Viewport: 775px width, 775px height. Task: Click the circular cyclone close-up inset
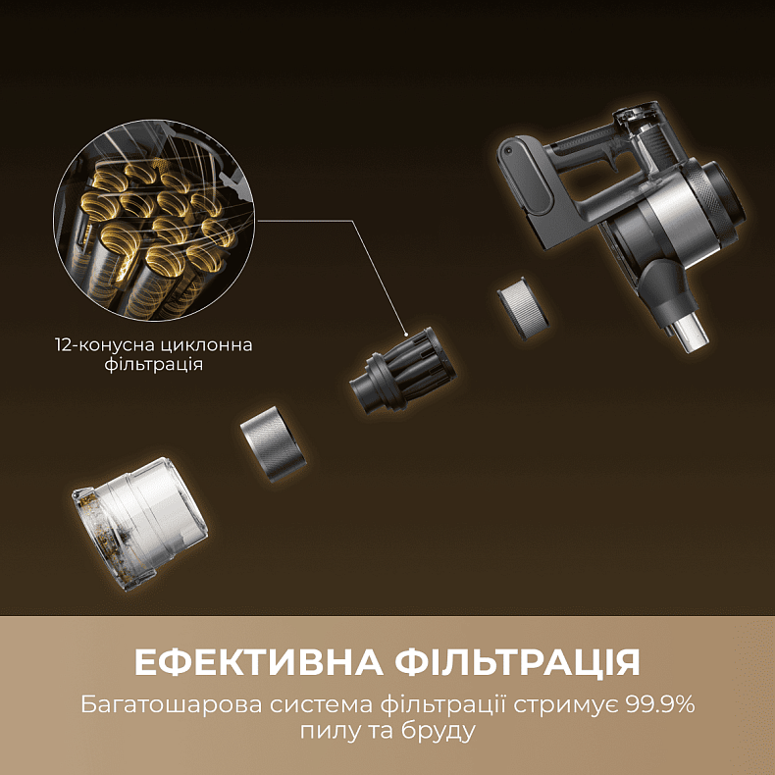click(x=153, y=227)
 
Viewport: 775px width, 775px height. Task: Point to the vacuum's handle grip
click(x=589, y=162)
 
